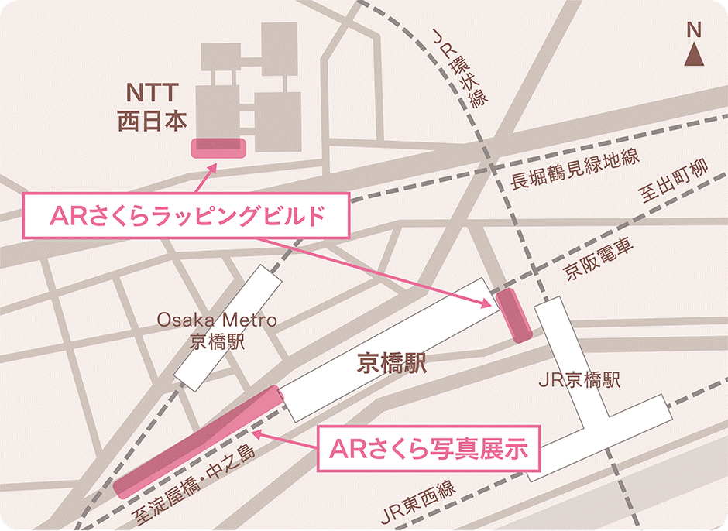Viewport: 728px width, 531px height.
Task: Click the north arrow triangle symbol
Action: [695, 57]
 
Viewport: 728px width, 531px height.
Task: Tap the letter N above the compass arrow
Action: [694, 31]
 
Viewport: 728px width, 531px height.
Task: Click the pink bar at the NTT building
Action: [218, 147]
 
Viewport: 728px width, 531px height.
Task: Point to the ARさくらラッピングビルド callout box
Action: [186, 217]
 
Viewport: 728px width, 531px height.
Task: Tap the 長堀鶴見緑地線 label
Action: [575, 169]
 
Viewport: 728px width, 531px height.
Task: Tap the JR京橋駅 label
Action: [579, 381]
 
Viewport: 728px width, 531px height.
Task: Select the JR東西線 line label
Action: [423, 502]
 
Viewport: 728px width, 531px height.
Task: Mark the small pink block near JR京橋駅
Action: [513, 316]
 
